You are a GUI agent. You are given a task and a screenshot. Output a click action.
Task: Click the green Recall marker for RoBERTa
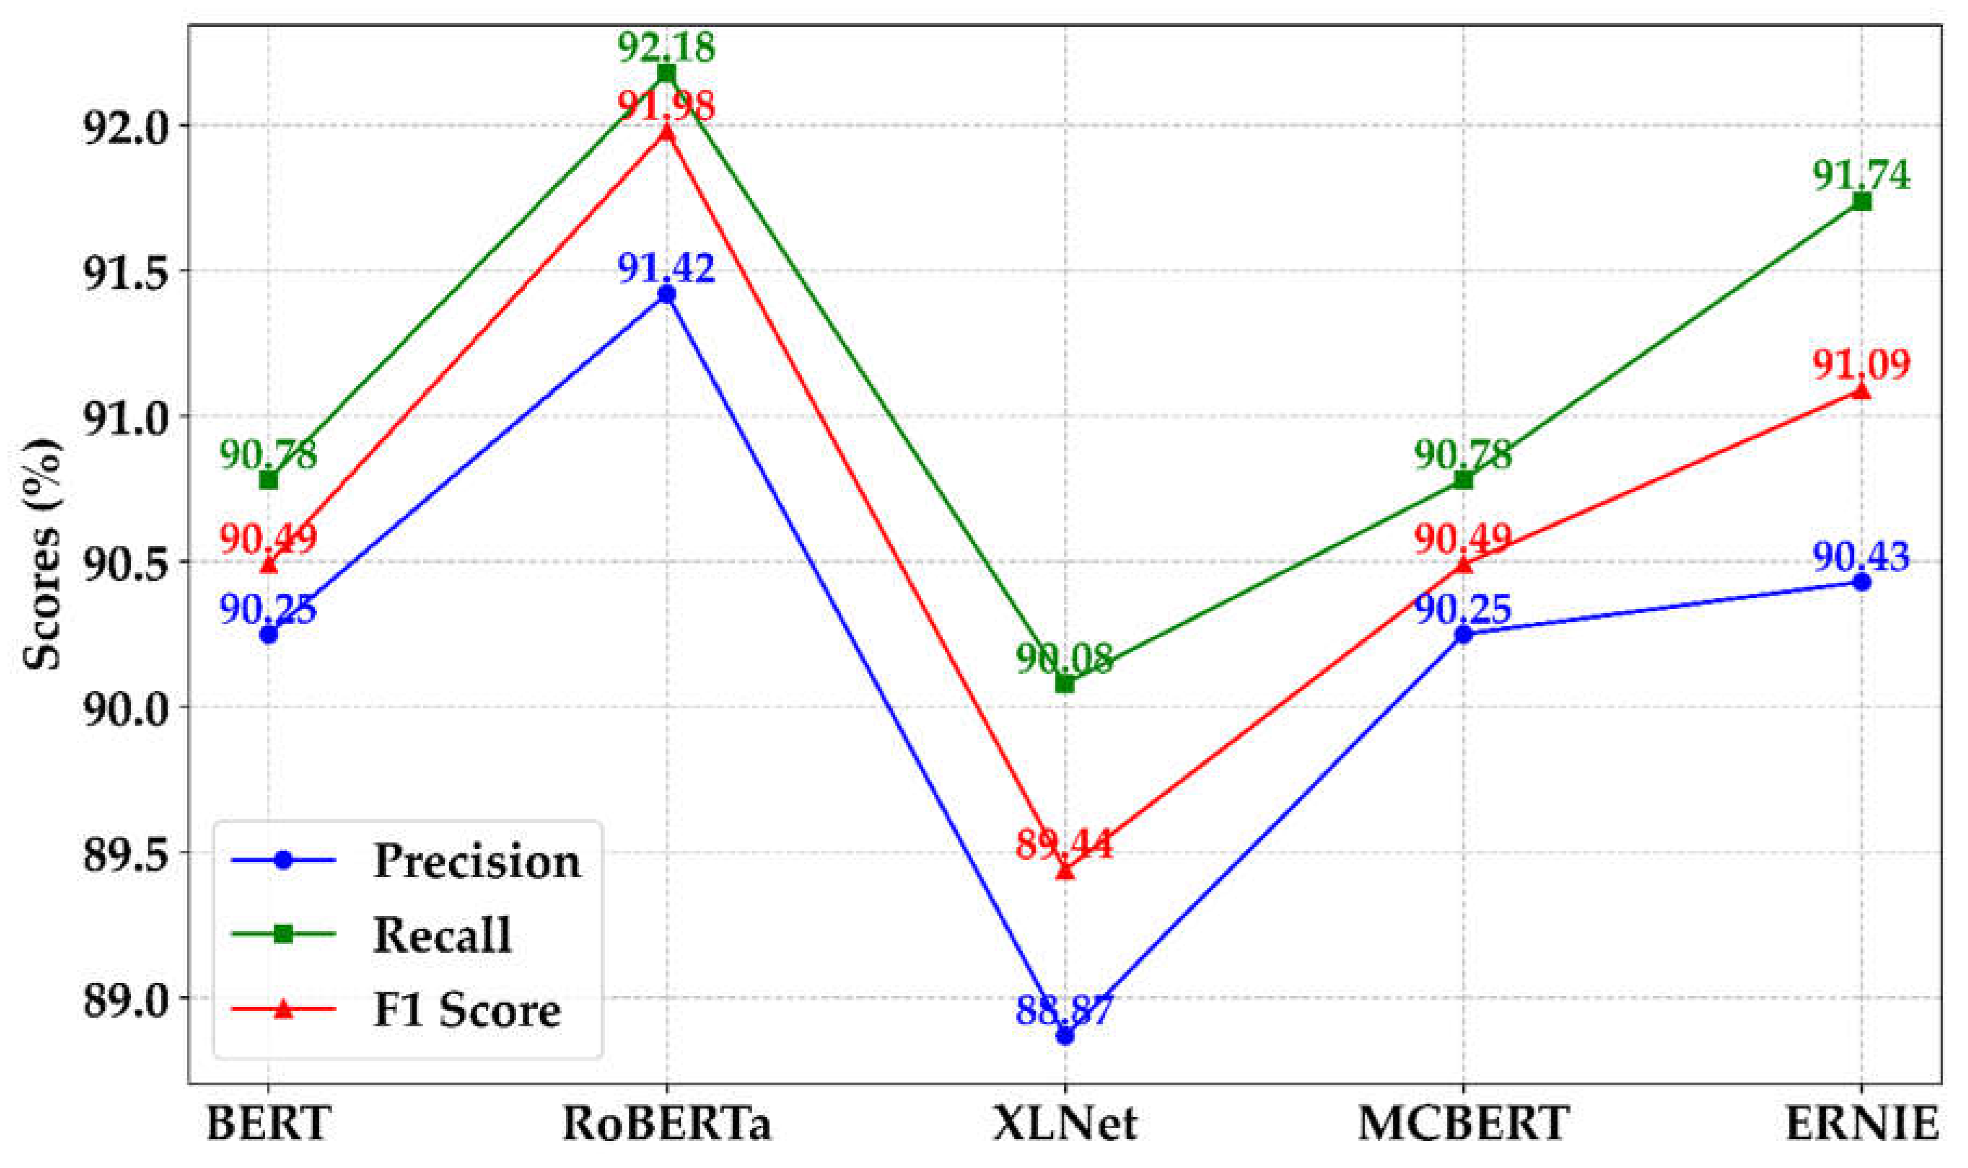666,73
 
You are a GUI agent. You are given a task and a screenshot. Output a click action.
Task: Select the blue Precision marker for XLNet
1065,1036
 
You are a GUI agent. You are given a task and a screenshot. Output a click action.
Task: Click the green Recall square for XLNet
1065,684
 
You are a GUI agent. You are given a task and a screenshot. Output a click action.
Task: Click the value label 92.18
666,47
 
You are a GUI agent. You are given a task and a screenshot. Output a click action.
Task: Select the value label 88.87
1065,1010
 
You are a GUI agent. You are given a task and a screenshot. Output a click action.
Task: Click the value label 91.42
666,268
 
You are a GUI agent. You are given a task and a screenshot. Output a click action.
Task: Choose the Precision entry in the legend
477,861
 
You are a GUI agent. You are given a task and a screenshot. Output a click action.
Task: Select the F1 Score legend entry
466,1010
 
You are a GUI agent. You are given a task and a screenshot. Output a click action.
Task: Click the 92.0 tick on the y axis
126,126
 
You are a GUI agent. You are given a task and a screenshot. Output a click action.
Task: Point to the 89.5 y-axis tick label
126,853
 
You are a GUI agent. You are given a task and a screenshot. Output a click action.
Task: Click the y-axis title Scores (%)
41,555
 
